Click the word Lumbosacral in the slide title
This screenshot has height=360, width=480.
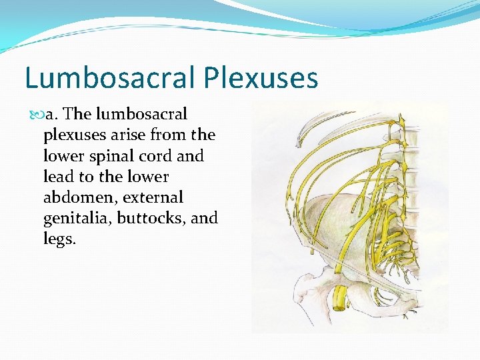(x=109, y=79)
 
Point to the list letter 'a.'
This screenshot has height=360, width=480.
(x=53, y=114)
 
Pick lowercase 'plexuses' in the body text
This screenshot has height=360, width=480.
(x=73, y=135)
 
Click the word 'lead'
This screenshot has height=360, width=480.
(x=59, y=177)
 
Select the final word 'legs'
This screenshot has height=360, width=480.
(x=58, y=239)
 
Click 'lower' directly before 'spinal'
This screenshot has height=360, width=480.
(x=63, y=156)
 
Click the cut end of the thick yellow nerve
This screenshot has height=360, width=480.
(x=340, y=305)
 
